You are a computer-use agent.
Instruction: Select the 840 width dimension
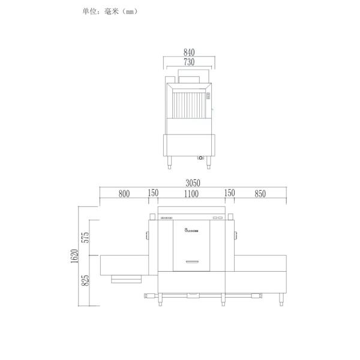(189, 53)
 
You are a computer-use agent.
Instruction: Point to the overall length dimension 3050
(192, 183)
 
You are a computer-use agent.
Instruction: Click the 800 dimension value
(124, 193)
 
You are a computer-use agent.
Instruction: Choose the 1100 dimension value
(191, 193)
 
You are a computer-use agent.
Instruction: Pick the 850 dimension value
(260, 193)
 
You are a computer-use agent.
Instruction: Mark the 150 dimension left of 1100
(153, 193)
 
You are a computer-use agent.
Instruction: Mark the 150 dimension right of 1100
(229, 193)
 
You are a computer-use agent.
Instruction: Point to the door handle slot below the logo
(191, 261)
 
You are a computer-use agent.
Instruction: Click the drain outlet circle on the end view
(200, 158)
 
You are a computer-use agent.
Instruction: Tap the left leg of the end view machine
(169, 160)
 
